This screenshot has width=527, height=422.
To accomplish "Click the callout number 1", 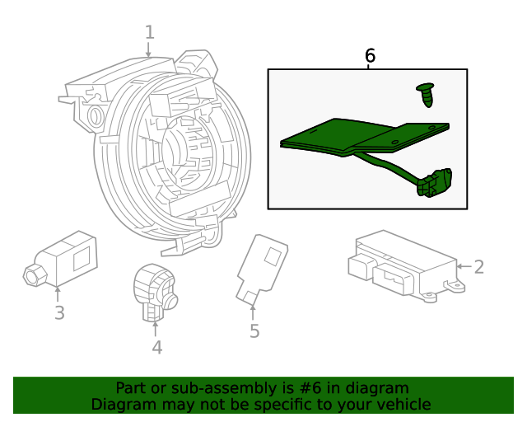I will [x=149, y=32].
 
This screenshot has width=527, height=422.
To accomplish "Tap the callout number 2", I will [x=478, y=266].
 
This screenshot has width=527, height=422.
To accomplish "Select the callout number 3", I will [x=59, y=312].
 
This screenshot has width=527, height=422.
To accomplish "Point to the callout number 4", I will [x=156, y=347].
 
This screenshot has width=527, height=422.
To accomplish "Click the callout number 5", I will [x=254, y=331].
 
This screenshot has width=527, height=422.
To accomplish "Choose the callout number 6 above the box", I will [x=370, y=56].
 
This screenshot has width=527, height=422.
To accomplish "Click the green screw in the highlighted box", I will [x=427, y=94].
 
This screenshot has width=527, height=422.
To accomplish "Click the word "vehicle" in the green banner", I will [x=403, y=405].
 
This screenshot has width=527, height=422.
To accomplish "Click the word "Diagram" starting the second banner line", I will [x=120, y=405].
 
